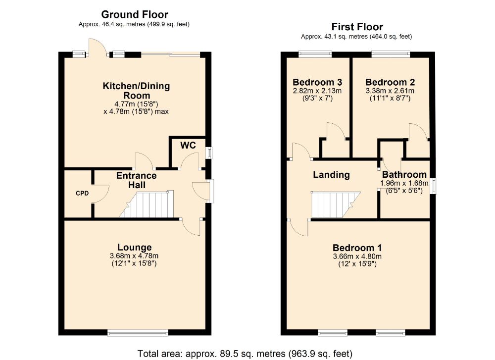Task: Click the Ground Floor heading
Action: pyautogui.click(x=134, y=15)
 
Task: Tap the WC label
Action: pyautogui.click(x=189, y=146)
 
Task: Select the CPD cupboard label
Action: pyautogui.click(x=82, y=193)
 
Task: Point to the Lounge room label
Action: pyautogui.click(x=134, y=247)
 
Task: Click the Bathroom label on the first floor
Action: pyautogui.click(x=404, y=174)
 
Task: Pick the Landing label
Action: pyautogui.click(x=331, y=174)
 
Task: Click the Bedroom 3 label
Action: pyautogui.click(x=317, y=82)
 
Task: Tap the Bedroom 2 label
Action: pyautogui.click(x=390, y=82)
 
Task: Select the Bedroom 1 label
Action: pyautogui.click(x=357, y=248)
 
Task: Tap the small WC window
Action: pyautogui.click(x=208, y=153)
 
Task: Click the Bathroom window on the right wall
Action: pyautogui.click(x=434, y=186)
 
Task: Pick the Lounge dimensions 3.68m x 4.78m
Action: pyautogui.click(x=134, y=256)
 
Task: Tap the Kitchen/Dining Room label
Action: pyautogui.click(x=136, y=90)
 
